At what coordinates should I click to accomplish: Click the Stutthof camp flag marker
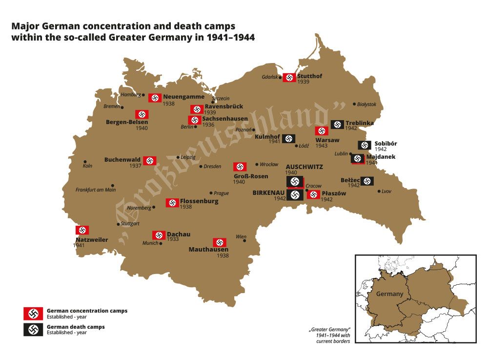tap(289, 77)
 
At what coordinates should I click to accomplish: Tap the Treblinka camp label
tap(359, 123)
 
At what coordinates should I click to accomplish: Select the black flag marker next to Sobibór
tap(365, 145)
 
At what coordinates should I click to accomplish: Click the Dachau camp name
tap(179, 234)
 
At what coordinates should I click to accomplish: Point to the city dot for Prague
tap(211, 193)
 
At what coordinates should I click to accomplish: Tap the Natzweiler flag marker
tap(82, 230)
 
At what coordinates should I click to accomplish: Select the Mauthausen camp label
tap(208, 249)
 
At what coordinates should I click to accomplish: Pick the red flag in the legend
tap(33, 313)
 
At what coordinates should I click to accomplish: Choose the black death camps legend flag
tap(33, 330)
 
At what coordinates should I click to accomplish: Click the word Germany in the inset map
tap(389, 294)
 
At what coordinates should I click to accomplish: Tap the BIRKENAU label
tap(268, 193)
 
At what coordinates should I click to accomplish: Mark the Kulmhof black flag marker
tap(288, 139)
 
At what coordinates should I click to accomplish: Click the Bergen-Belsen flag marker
tap(142, 114)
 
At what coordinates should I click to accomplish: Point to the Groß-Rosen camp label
tap(250, 176)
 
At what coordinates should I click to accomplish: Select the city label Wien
tap(241, 236)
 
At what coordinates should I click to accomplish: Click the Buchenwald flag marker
tap(150, 160)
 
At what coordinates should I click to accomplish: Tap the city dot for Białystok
tap(354, 105)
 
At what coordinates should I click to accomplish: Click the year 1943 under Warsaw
tap(321, 146)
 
